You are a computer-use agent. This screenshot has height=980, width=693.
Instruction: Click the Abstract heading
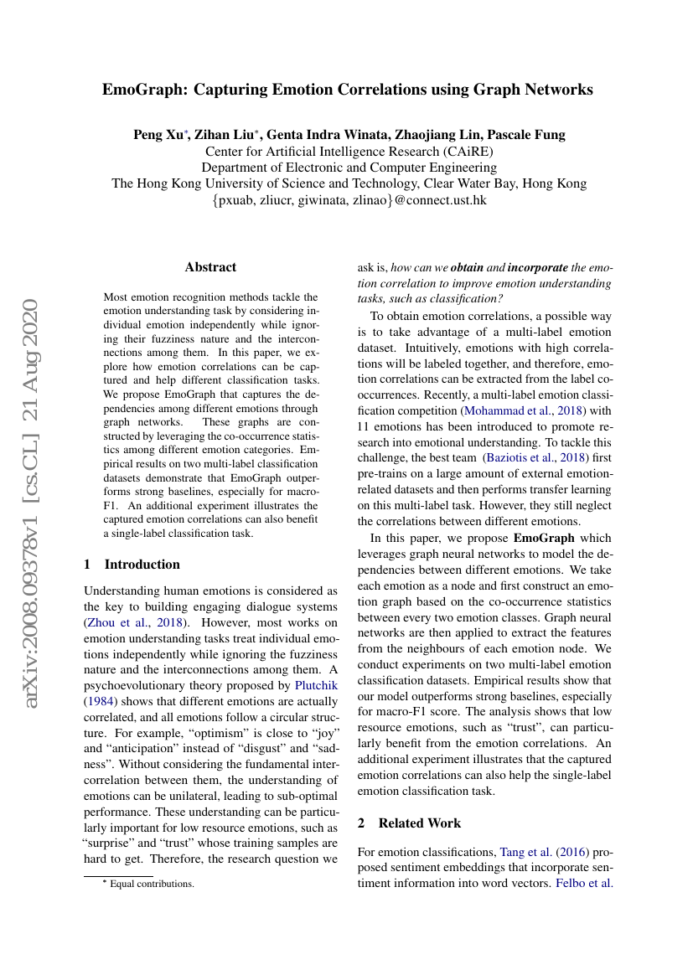click(x=210, y=267)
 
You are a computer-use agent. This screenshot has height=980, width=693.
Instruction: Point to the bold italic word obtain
click(x=468, y=268)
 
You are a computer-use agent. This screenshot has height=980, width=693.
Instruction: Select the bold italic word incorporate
click(x=537, y=268)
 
